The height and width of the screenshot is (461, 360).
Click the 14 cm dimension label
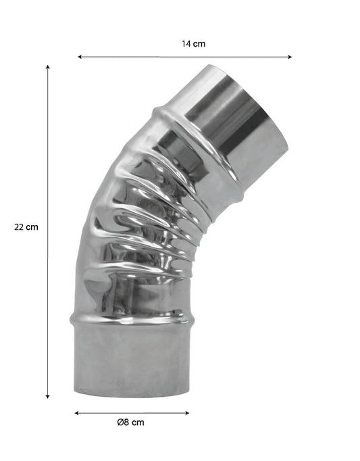pyautogui.click(x=193, y=44)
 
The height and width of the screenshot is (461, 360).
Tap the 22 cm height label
pyautogui.click(x=26, y=227)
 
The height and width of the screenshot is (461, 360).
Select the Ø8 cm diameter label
pyautogui.click(x=130, y=422)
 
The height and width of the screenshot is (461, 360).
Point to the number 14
pyautogui.click(x=186, y=44)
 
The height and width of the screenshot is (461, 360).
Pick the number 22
pyautogui.click(x=20, y=227)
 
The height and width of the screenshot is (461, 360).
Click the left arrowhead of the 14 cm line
pyautogui.click(x=80, y=57)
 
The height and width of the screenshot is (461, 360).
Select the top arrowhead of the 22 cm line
pyautogui.click(x=48, y=68)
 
